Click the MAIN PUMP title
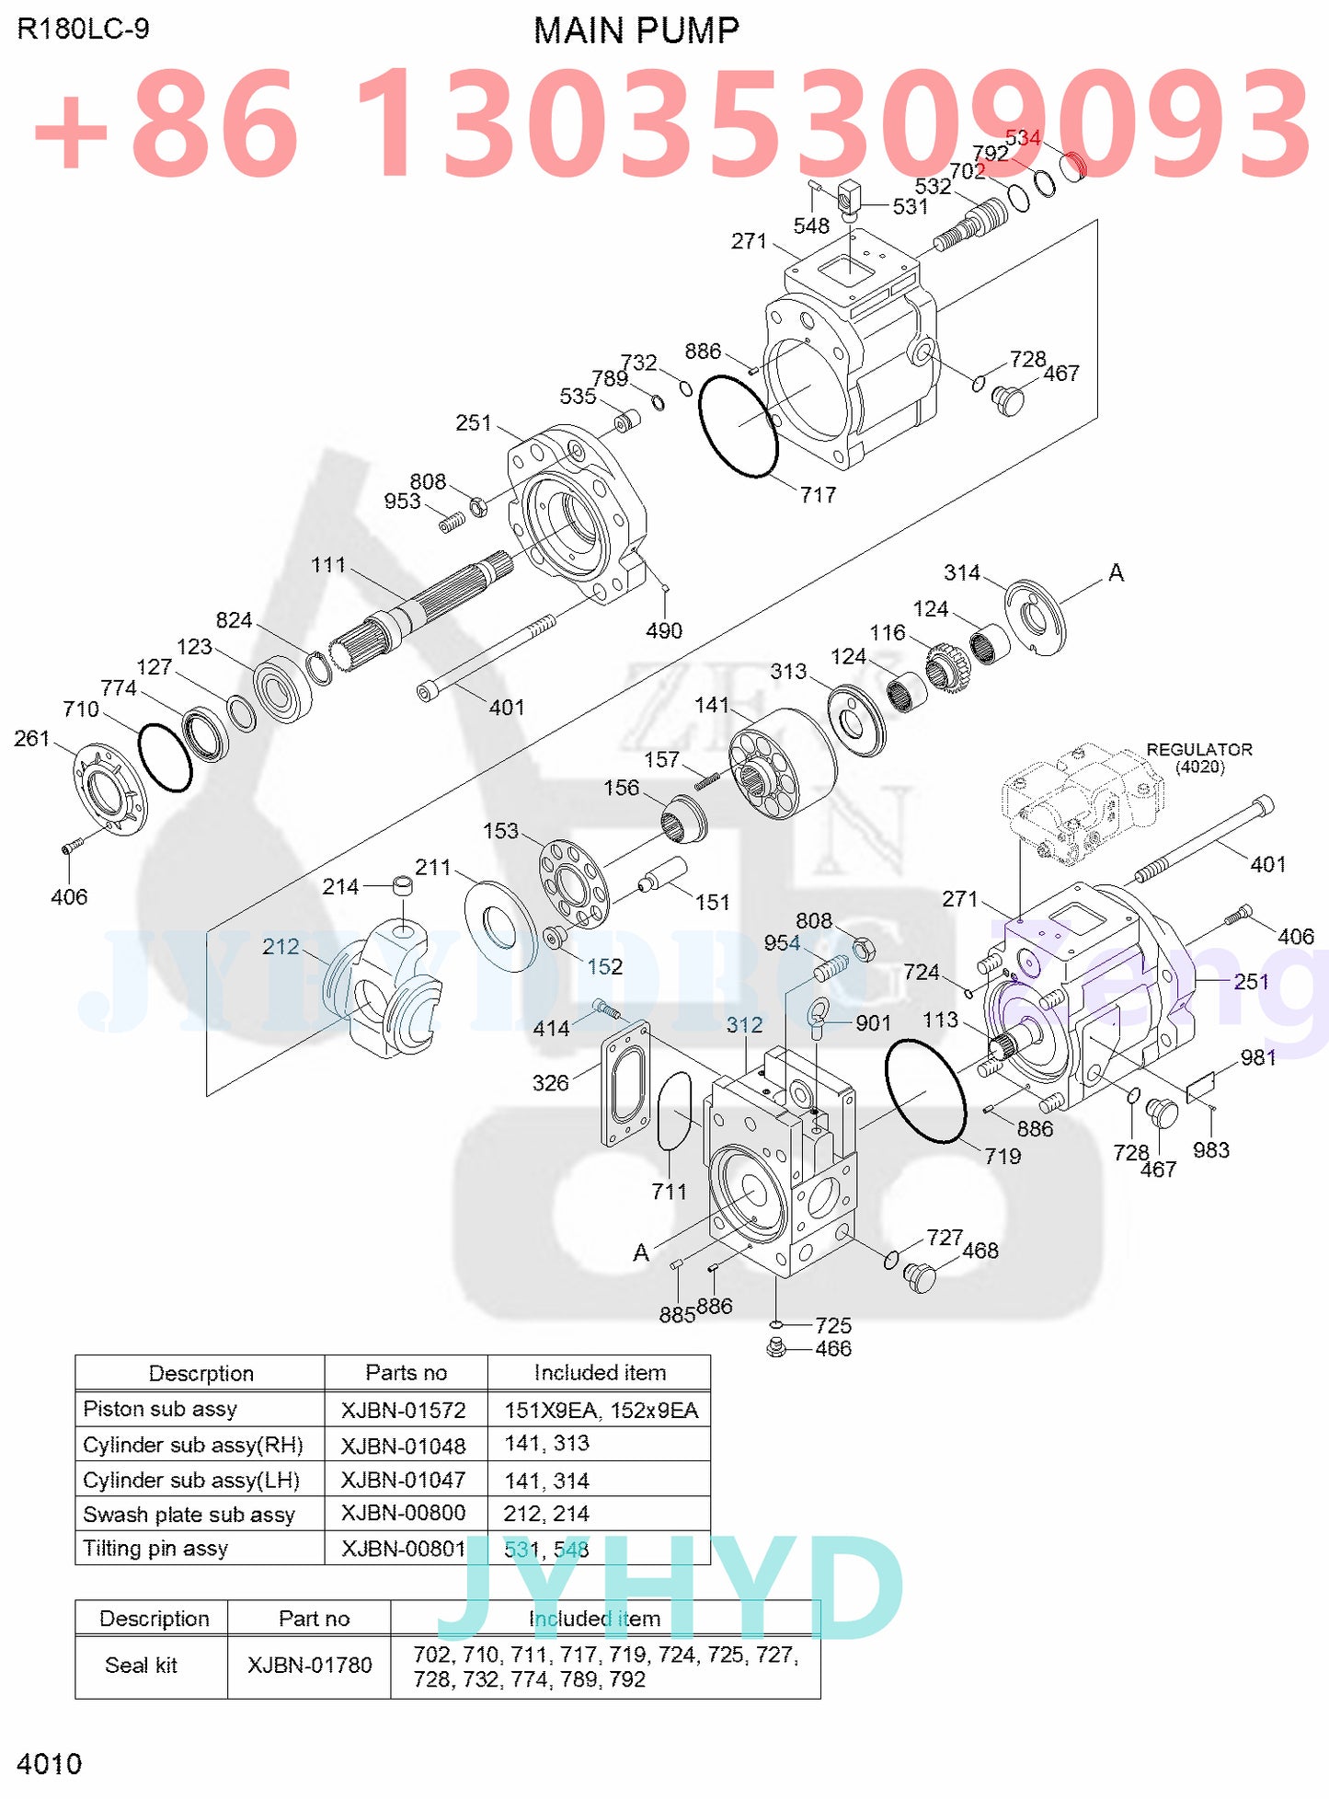636,31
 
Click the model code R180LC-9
83,29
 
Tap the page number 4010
50,1764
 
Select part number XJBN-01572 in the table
403,1410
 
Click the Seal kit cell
141,1666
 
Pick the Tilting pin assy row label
155,1549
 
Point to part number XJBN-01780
310,1666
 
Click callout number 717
818,495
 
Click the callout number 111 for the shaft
328,565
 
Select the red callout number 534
1023,138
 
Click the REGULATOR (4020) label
1199,757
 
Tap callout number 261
31,738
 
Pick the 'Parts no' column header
406,1373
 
